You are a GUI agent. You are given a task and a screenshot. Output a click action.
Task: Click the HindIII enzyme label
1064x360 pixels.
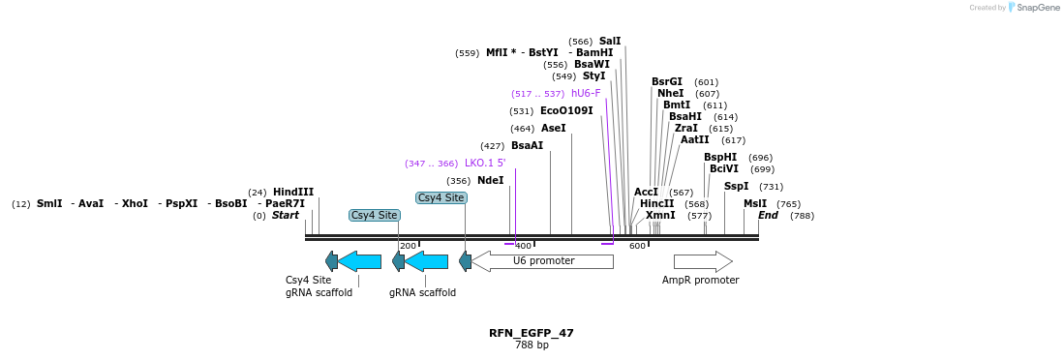292,192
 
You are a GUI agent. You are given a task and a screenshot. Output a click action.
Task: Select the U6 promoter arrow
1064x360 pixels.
542,261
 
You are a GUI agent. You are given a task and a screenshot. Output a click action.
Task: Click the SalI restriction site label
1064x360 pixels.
610,41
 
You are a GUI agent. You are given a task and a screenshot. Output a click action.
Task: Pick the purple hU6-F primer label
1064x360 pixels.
586,94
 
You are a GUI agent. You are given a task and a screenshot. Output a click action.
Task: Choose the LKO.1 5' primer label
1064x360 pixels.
485,164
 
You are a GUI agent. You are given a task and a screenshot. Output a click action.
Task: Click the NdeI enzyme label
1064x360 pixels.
490,181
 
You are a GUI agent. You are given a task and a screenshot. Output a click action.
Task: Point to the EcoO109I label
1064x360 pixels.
566,111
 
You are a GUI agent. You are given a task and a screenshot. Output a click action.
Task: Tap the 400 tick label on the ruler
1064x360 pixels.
524,246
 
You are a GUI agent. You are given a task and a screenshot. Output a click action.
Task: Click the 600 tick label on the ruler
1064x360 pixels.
637,246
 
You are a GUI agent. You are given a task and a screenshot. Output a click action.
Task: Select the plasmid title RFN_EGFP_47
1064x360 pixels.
531,333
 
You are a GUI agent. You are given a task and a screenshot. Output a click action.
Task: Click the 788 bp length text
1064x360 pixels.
531,345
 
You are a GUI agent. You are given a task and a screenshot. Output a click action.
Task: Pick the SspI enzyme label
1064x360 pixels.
736,187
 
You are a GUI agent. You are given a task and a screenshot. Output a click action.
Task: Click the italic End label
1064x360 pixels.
768,216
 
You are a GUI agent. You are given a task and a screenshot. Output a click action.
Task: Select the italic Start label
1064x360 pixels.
285,216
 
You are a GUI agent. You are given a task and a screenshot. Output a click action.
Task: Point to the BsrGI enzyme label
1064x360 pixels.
667,82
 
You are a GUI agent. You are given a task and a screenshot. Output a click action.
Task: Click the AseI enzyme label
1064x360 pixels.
554,129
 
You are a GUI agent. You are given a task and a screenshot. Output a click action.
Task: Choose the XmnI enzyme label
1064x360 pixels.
660,216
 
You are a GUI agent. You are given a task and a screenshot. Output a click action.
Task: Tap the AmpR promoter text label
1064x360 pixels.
700,281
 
